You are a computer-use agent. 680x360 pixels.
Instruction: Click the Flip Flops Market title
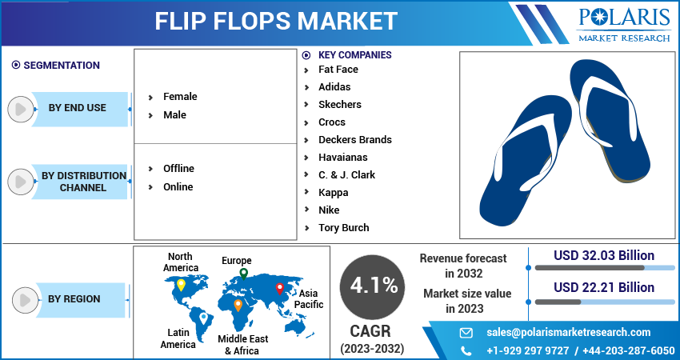point(276,21)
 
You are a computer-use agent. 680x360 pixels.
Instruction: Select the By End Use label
point(77,108)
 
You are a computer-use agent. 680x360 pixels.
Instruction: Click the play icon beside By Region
point(23,300)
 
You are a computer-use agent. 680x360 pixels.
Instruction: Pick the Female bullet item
point(179,97)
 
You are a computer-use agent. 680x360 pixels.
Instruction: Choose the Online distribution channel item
point(178,187)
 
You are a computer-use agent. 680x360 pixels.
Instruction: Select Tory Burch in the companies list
point(343,228)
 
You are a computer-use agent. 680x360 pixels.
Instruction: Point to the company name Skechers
point(339,105)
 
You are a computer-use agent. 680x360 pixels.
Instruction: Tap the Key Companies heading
point(354,55)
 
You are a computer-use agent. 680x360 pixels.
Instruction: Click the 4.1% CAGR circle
point(372,285)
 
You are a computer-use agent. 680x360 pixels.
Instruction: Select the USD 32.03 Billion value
point(604,256)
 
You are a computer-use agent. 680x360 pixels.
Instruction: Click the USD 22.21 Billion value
point(604,288)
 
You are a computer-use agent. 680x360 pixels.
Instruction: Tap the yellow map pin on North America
point(181,284)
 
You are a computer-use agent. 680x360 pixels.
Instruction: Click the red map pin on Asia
point(279,288)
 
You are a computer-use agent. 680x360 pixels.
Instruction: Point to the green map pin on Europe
point(243,274)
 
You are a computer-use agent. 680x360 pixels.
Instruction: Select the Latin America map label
point(178,338)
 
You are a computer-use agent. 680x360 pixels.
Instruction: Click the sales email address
point(568,333)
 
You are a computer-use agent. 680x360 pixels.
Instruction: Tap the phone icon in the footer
point(466,350)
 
